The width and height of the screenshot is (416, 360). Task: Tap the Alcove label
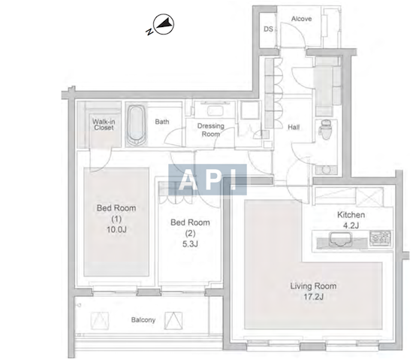click(301, 19)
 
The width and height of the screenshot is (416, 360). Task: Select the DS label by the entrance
click(268, 29)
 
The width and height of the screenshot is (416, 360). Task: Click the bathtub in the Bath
click(136, 125)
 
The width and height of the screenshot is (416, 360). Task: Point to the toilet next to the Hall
click(325, 129)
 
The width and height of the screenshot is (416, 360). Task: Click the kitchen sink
click(340, 239)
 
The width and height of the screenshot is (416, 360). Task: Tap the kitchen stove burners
click(381, 238)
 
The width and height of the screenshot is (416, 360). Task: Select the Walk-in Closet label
click(104, 125)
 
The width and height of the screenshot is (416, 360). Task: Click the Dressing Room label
click(211, 130)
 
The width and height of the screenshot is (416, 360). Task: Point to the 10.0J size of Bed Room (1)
click(116, 229)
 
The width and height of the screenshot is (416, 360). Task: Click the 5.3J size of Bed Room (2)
click(190, 244)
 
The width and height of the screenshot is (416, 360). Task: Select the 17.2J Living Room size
click(314, 297)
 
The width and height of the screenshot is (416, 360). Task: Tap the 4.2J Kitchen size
click(351, 225)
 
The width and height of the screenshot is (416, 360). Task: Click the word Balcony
click(143, 319)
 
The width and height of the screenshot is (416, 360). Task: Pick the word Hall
click(294, 127)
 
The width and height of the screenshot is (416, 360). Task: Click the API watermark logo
click(207, 180)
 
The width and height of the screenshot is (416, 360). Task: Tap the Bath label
click(162, 122)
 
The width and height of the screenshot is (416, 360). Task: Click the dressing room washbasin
click(215, 110)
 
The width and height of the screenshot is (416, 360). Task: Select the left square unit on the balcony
click(100, 320)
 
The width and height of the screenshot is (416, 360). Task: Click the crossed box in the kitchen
click(369, 197)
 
